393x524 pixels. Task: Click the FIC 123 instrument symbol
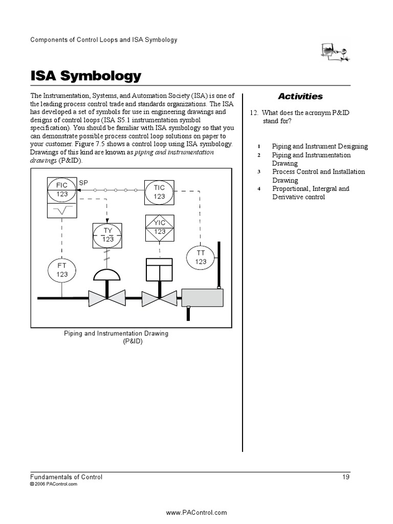62,190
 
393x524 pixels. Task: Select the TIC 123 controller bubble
159,192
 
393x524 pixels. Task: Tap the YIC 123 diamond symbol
160,227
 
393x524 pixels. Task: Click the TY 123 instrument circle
107,235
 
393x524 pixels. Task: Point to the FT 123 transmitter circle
62,270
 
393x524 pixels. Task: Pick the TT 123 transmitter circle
201,257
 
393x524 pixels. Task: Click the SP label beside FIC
83,182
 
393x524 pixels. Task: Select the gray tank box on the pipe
203,297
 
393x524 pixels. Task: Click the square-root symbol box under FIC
62,211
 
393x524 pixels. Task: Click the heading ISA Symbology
85,76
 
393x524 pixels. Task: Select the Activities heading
300,96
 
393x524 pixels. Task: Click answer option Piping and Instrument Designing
319,146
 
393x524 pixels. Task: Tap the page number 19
346,477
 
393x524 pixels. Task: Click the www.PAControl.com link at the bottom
196,512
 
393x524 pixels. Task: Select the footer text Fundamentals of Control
67,477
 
